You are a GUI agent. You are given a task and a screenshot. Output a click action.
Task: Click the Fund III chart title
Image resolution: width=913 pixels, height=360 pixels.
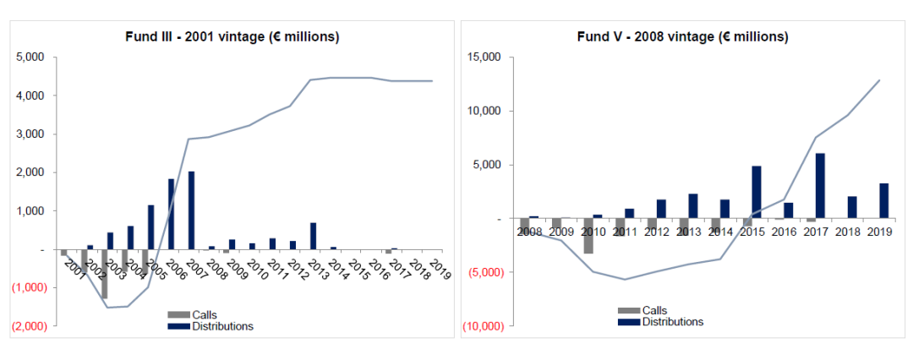click(232, 36)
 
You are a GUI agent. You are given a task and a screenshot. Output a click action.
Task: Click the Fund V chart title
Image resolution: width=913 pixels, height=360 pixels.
click(682, 36)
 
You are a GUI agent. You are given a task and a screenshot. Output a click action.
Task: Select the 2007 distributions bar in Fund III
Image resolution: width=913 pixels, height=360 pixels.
click(191, 210)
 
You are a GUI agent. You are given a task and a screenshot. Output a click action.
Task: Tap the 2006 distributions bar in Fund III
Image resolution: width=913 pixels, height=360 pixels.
click(171, 215)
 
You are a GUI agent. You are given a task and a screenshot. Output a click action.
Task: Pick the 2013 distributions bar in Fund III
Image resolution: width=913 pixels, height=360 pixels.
click(314, 237)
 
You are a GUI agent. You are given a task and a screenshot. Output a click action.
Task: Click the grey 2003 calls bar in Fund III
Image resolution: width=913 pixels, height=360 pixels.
click(105, 274)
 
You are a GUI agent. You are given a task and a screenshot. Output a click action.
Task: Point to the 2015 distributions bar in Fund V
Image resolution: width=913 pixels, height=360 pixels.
click(756, 193)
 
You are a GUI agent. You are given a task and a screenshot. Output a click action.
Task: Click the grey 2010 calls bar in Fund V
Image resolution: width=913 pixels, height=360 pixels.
click(588, 236)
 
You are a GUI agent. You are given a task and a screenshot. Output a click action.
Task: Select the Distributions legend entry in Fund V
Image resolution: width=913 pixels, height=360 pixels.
click(661, 321)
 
